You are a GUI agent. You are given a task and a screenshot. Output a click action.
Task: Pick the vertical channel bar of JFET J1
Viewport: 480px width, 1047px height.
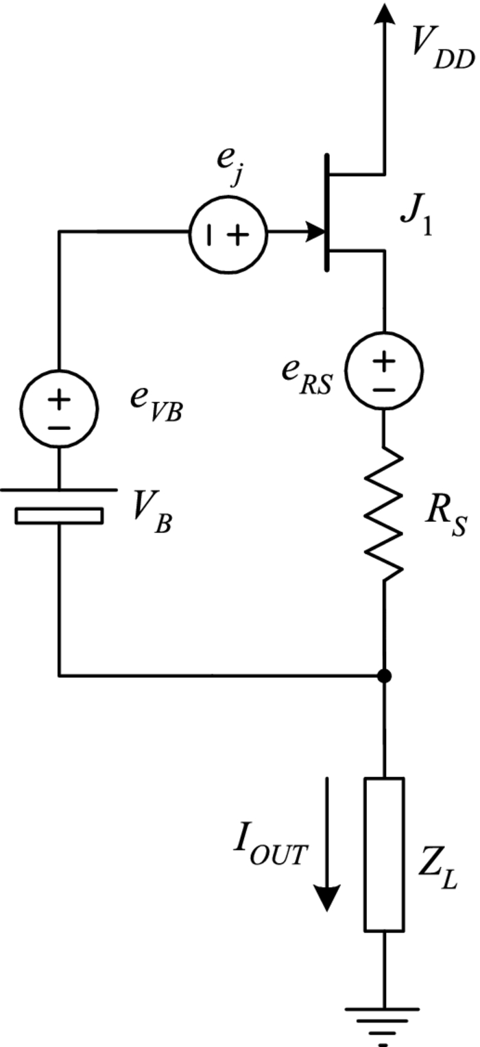pos(328,213)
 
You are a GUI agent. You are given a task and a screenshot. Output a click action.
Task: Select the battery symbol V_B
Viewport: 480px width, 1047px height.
pos(60,507)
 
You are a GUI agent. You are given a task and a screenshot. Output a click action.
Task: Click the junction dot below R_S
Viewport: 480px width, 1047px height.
pos(385,676)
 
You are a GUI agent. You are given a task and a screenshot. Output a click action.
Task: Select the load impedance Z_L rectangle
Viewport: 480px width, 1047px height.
pos(385,854)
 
